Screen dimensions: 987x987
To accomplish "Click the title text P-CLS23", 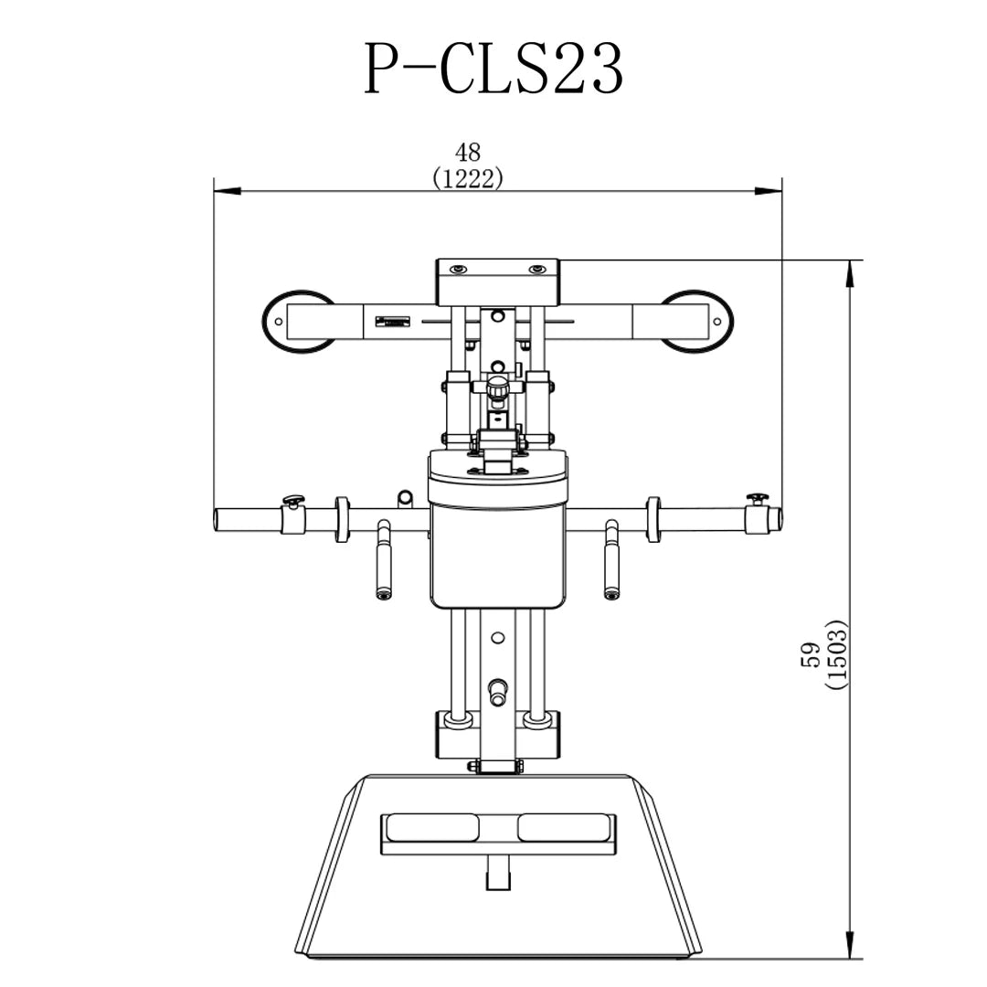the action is point(493,69).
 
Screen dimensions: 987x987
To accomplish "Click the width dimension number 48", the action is point(468,153).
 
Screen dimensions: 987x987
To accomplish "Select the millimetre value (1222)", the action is point(468,179).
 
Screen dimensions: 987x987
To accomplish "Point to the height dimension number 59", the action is point(810,654).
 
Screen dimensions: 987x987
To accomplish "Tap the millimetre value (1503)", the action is point(838,654).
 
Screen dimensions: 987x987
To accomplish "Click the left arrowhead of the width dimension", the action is point(228,191).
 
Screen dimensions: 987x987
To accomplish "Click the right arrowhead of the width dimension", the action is point(769,191).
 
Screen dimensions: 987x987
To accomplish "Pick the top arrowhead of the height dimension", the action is point(850,273).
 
